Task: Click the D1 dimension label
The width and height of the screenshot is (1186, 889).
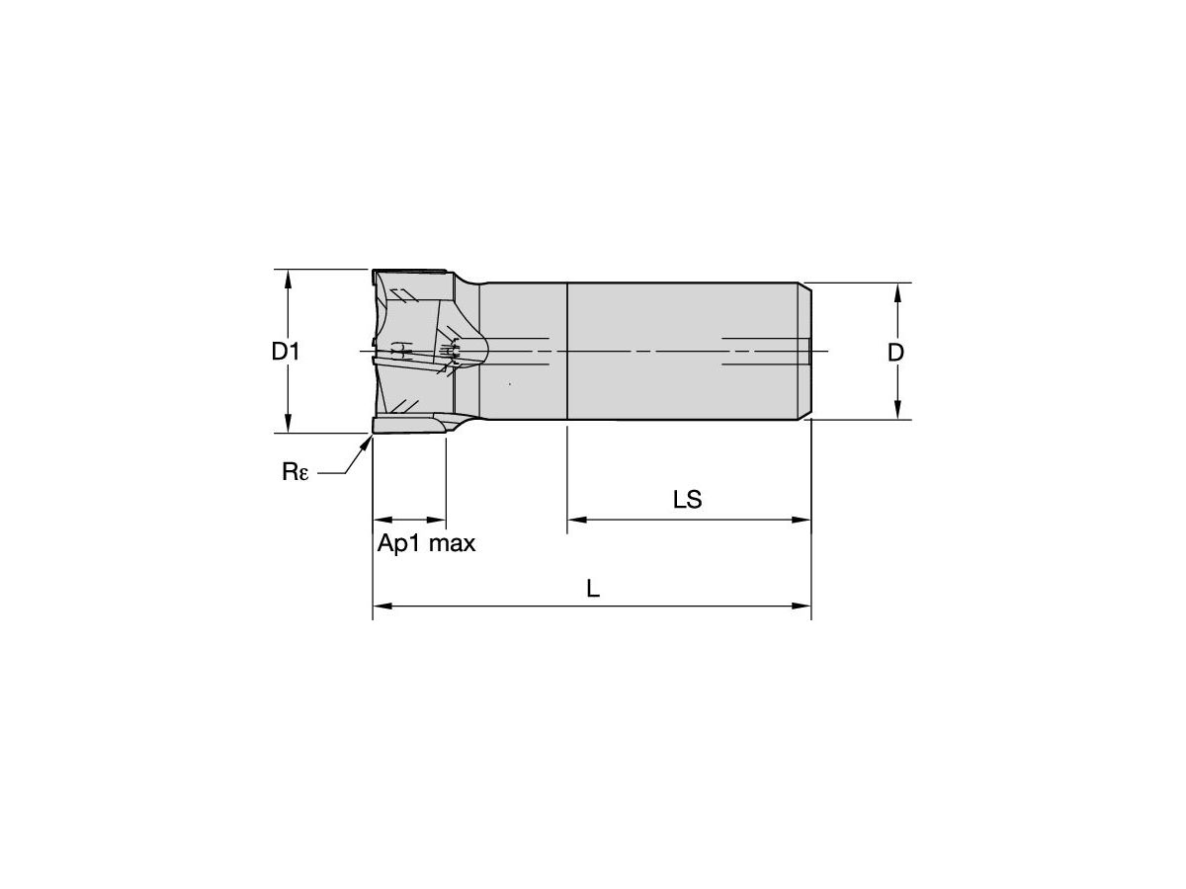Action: [286, 351]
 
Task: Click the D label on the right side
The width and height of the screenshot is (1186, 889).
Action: [895, 352]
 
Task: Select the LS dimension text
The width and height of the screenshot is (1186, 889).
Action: [687, 500]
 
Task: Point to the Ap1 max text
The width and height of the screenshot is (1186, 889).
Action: [426, 543]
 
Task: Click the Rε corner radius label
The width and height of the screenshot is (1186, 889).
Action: [296, 472]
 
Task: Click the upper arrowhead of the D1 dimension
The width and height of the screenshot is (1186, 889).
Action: [288, 278]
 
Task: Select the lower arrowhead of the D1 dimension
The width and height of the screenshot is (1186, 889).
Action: [288, 424]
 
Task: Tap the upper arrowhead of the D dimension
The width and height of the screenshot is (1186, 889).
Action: [897, 291]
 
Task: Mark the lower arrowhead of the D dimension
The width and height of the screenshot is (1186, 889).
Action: [897, 411]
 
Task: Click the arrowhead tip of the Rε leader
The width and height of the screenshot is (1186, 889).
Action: [370, 439]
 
